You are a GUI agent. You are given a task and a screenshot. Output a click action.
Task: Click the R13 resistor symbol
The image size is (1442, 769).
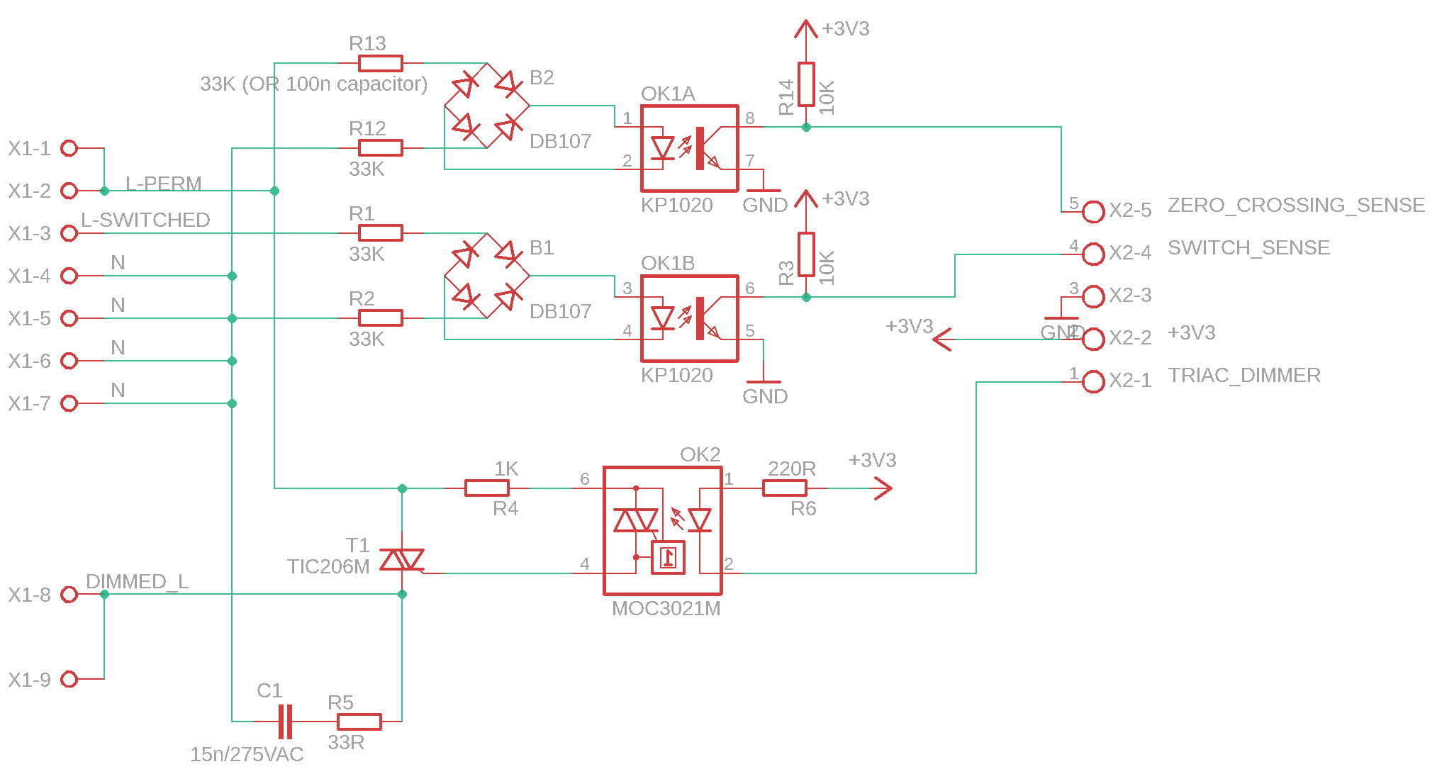[381, 64]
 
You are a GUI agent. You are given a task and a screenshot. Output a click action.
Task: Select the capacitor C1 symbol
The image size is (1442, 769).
[285, 722]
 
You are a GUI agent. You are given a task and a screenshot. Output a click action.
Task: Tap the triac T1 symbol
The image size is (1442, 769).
[402, 560]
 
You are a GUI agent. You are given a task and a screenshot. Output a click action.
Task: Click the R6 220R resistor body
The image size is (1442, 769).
[784, 488]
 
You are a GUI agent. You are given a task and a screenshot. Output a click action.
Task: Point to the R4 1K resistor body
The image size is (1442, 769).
[486, 488]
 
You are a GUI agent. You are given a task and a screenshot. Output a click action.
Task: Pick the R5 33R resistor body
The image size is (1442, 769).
[359, 722]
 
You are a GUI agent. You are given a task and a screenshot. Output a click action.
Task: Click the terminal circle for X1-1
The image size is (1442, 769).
[69, 148]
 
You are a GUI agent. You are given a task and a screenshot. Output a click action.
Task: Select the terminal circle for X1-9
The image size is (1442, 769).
[69, 680]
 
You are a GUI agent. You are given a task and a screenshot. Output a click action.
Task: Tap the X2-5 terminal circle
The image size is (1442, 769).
[1094, 211]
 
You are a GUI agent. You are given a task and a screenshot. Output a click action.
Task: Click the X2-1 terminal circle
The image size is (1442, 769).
[1094, 382]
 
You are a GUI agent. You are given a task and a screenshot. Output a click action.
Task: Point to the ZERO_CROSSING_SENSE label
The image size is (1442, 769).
[1296, 206]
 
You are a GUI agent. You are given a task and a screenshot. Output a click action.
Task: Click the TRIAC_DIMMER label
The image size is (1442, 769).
[1244, 376]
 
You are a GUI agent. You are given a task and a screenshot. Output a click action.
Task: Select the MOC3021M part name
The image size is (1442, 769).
[666, 609]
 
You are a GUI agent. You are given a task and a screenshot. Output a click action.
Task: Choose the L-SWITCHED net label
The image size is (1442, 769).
[145, 220]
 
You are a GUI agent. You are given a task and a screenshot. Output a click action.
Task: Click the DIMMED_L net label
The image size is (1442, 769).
[137, 582]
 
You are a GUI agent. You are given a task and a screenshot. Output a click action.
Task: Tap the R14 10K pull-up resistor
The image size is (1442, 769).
[806, 84]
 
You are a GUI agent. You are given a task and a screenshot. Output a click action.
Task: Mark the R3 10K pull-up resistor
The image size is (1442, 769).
[806, 254]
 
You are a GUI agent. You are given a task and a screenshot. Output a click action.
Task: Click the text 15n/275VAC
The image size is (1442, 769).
[247, 755]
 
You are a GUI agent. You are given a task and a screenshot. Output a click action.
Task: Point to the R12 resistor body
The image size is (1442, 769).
[381, 148]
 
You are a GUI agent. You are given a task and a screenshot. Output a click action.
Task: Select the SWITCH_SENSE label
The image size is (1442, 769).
[1248, 248]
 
